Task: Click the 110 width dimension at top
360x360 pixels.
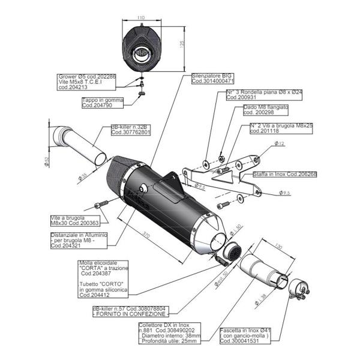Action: (x=141, y=18)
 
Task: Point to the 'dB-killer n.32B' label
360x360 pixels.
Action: (x=131, y=130)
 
